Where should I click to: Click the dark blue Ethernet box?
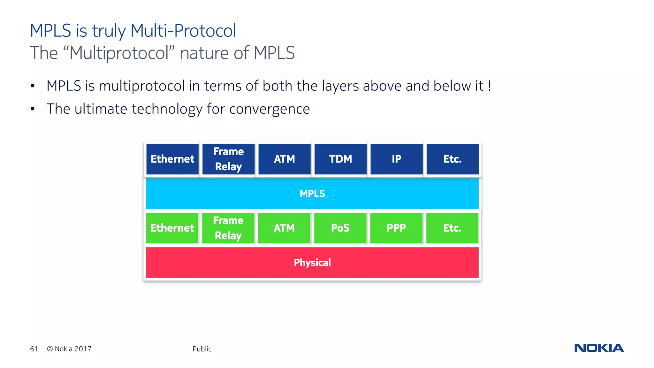point(172,159)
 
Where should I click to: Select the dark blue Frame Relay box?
point(228,159)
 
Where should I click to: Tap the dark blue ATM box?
point(284,159)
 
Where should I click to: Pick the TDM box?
point(340,159)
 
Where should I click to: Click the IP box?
point(396,159)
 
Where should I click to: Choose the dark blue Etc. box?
point(452,159)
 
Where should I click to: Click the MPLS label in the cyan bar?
point(312,194)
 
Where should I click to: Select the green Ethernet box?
point(172,228)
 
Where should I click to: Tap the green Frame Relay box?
point(228,228)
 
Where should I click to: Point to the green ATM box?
point(284,228)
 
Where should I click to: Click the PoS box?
point(340,228)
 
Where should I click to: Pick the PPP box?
point(396,228)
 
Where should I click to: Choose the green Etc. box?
point(452,228)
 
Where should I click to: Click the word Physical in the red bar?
point(312,263)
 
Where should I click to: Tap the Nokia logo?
point(599,348)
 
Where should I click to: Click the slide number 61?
point(34,349)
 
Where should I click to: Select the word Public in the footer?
point(202,349)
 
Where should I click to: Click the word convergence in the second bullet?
point(270,109)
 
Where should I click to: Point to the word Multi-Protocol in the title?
point(183,31)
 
